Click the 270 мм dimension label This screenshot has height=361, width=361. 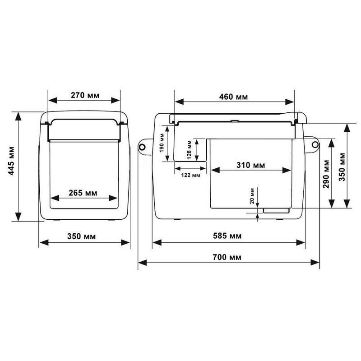[85, 95]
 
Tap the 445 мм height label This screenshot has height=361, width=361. [11, 161]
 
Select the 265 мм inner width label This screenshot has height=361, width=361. [83, 193]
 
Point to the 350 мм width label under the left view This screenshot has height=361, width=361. [81, 236]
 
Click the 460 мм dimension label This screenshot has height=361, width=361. [233, 97]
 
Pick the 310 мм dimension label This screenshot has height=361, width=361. [251, 165]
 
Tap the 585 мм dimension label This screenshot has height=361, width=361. [227, 236]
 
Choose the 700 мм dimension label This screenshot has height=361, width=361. [227, 257]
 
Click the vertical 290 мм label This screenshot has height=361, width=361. [326, 174]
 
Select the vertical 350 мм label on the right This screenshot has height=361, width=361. [342, 167]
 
